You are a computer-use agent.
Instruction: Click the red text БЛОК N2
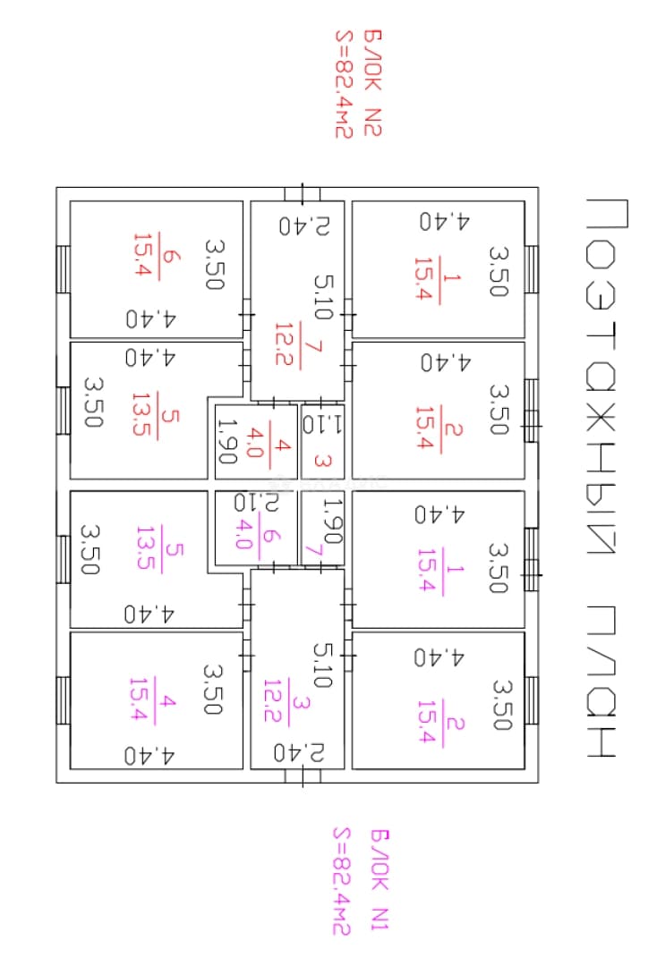pyautogui.click(x=373, y=82)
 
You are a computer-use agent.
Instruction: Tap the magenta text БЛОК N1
pyautogui.click(x=380, y=879)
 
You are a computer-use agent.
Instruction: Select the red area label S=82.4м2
pyautogui.click(x=344, y=84)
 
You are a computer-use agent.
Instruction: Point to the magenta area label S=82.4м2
pyautogui.click(x=341, y=881)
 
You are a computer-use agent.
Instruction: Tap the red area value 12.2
pyautogui.click(x=284, y=343)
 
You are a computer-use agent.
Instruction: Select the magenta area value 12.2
pyautogui.click(x=272, y=699)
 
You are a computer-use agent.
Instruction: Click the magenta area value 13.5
pyautogui.click(x=145, y=547)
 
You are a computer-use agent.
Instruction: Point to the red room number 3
pyautogui.click(x=323, y=460)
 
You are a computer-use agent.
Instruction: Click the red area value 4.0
pyautogui.click(x=254, y=443)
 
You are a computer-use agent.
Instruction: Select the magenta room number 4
pyautogui.click(x=167, y=701)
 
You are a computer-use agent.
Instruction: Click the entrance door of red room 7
pyautogui.click(x=302, y=193)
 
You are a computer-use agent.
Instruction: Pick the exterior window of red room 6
pyautogui.click(x=63, y=269)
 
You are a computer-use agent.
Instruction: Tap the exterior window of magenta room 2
pyautogui.click(x=532, y=701)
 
